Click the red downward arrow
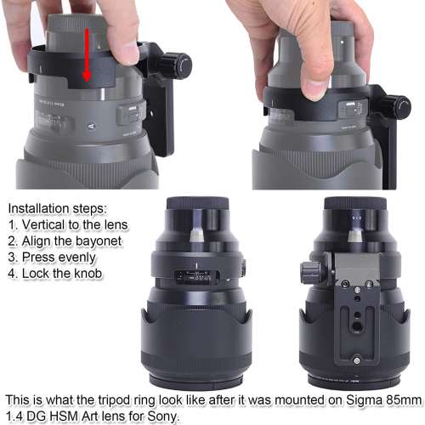(87, 54)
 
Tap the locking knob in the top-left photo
(175, 65)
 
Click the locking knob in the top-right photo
(398, 105)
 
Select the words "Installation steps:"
(58, 209)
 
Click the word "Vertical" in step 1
(43, 225)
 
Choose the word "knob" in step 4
(88, 274)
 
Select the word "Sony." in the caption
(163, 416)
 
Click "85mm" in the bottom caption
(405, 400)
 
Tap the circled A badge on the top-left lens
(91, 127)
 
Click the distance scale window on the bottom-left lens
(197, 277)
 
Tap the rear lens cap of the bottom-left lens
(197, 203)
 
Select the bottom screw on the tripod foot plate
(357, 360)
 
